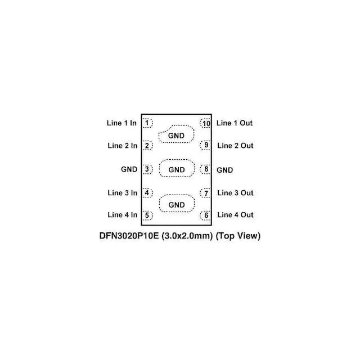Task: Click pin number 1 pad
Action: (147, 123)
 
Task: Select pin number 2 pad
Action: (147, 146)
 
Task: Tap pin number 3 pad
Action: (147, 169)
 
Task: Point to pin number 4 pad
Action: (147, 193)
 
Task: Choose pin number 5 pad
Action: (147, 215)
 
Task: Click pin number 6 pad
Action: (206, 215)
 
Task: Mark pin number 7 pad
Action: (206, 193)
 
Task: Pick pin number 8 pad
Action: (206, 169)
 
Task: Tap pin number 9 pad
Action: (206, 146)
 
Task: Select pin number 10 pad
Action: (206, 123)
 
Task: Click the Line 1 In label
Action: (121, 123)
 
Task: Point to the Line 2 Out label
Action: (235, 146)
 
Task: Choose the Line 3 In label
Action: (122, 193)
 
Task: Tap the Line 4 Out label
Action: (235, 215)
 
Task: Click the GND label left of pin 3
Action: (129, 169)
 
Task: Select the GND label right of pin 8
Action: (225, 169)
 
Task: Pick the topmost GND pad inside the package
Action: (176, 135)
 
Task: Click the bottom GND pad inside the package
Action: (176, 204)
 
